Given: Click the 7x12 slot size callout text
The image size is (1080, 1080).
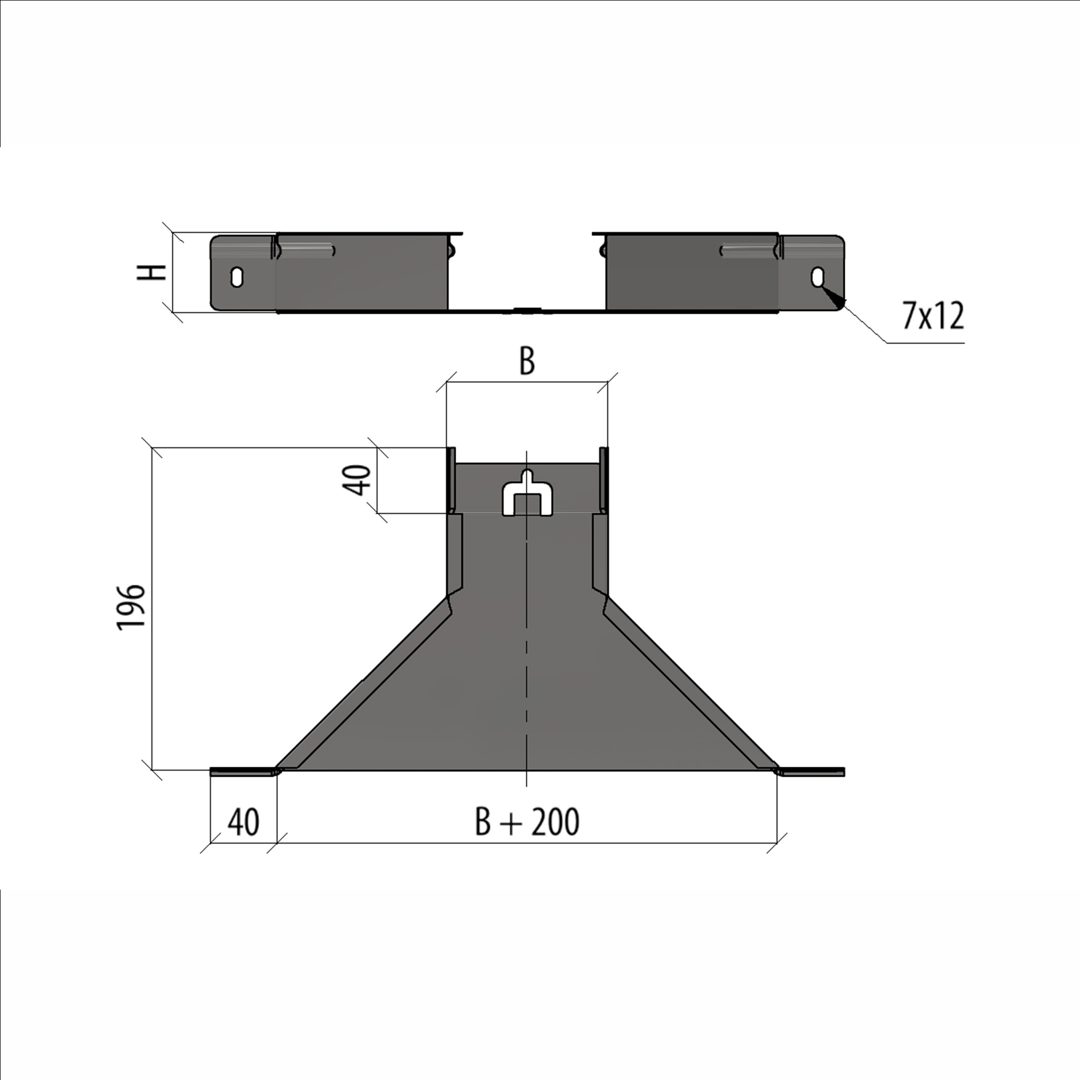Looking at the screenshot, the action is point(933,316).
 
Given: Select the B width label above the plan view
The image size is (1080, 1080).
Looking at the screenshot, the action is point(527,361).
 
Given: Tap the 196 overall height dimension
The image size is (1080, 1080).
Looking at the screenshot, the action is point(131,607).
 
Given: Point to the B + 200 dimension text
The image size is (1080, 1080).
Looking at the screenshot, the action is point(527,822).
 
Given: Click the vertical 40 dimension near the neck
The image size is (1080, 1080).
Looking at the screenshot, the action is point(356,480).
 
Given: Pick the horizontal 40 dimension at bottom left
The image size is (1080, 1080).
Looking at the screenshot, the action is point(243,822).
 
